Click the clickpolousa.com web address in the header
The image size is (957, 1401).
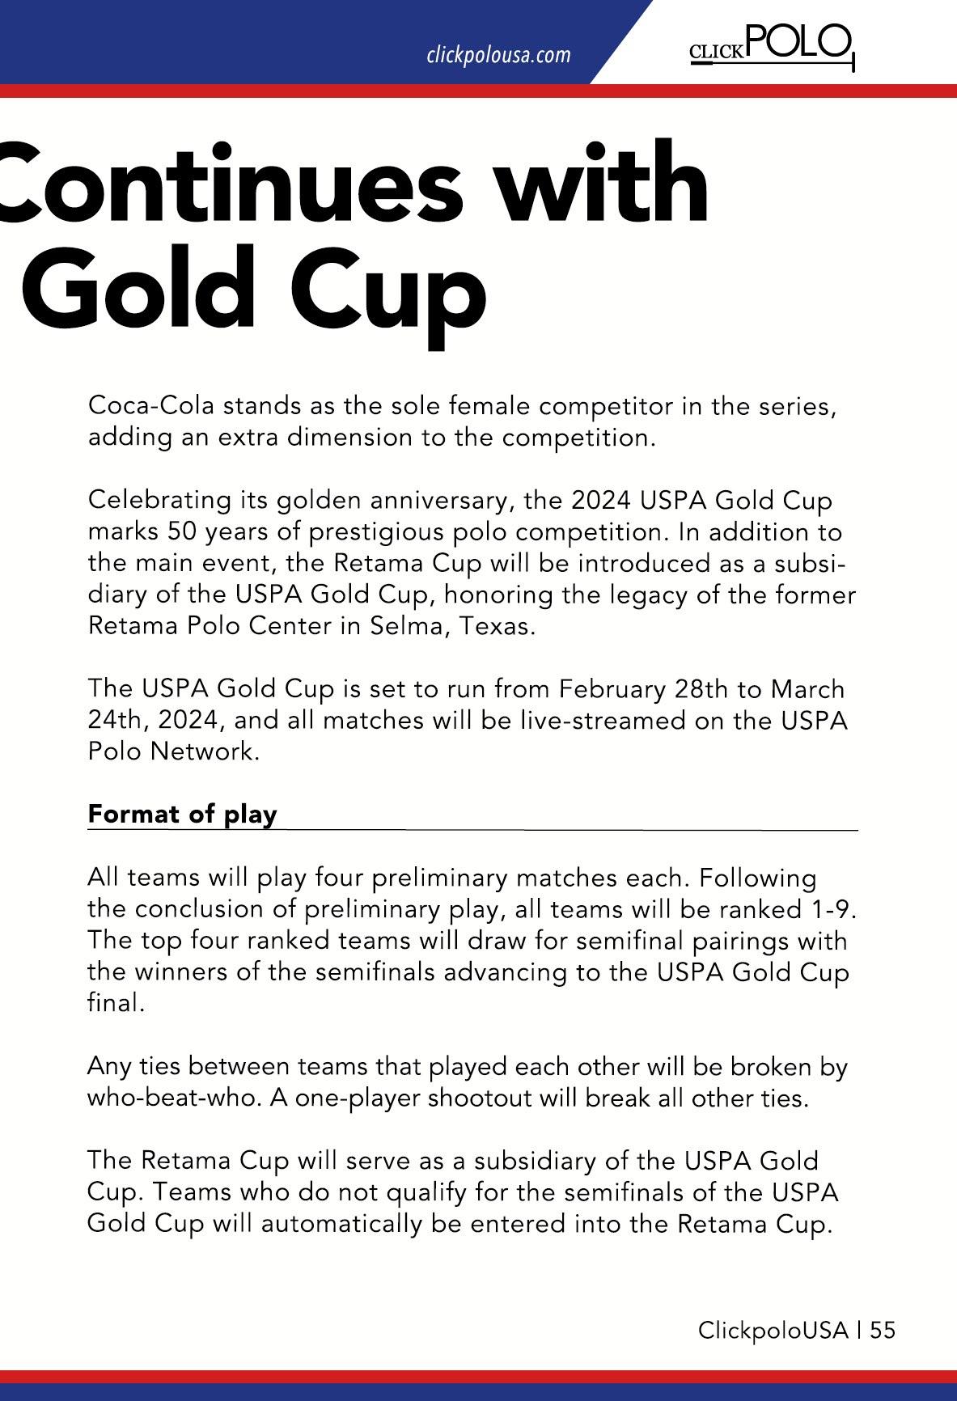point(498,55)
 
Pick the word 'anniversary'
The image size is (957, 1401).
point(431,500)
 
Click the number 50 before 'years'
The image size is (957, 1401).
point(183,531)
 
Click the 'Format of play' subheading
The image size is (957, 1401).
point(182,814)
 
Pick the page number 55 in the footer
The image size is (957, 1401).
point(883,1331)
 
